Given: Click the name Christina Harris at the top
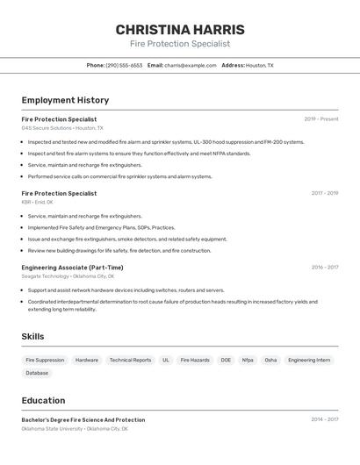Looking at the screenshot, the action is pos(180,30).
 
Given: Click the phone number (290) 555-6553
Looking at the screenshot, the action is pos(124,65).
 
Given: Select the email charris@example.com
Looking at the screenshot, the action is pos(191,65).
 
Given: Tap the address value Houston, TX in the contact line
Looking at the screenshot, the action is pos(259,65).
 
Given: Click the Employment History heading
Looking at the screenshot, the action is pos(65,100).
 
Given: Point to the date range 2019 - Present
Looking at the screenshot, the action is pos(320,119).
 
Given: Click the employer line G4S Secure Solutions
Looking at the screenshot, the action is pos(62,128).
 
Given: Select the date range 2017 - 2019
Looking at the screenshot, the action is pos(324,193).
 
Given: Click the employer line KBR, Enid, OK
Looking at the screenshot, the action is pos(38,202).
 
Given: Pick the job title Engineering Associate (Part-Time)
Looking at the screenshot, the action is pos(72,268).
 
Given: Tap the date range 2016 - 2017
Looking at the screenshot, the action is pos(324,268).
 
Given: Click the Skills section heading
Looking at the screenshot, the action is pos(32,336).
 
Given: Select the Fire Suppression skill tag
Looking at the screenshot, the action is pos(45,360).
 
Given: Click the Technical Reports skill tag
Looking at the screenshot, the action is pos(130,360).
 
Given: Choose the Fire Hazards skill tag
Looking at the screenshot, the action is pos(195,360).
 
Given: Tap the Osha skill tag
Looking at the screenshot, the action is pos(270,360).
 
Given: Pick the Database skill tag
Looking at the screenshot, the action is pos(37,373).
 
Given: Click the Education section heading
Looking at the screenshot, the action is pos(45,400).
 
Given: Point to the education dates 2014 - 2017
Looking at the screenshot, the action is pos(324,419).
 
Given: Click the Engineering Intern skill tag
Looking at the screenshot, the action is pos(309,360).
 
